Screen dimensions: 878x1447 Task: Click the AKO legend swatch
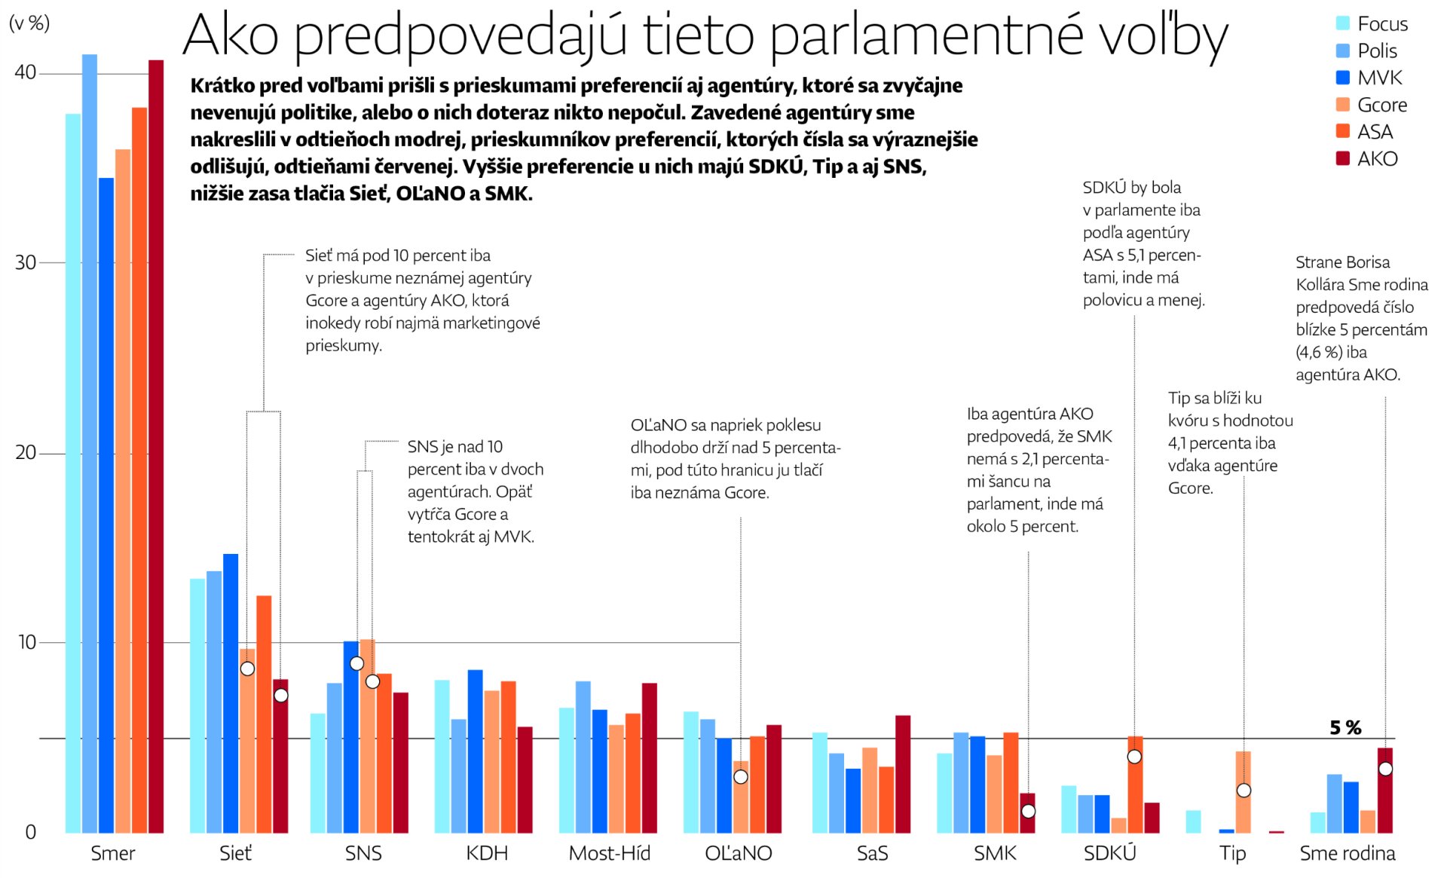click(x=1342, y=158)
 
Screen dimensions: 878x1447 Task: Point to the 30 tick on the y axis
click(x=26, y=262)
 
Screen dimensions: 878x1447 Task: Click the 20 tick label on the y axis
click(x=26, y=452)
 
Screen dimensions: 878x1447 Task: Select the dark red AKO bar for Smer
click(x=156, y=446)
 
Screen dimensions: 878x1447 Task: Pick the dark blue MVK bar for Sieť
click(x=231, y=693)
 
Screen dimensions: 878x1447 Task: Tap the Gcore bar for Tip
click(x=1243, y=791)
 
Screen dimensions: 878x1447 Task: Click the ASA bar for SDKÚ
click(x=1135, y=785)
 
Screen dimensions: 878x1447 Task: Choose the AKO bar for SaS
click(x=903, y=774)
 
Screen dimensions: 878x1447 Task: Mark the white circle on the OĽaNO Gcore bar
click(x=741, y=777)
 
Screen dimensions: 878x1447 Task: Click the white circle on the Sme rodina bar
click(x=1385, y=769)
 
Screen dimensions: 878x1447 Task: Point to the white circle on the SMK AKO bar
click(x=1028, y=812)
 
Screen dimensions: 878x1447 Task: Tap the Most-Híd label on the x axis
click(x=609, y=853)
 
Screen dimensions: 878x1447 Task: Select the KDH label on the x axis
click(x=487, y=853)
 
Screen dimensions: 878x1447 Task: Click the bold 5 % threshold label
click(x=1345, y=727)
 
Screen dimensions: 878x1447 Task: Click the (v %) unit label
click(x=29, y=23)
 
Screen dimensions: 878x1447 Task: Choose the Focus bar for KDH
click(x=442, y=756)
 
